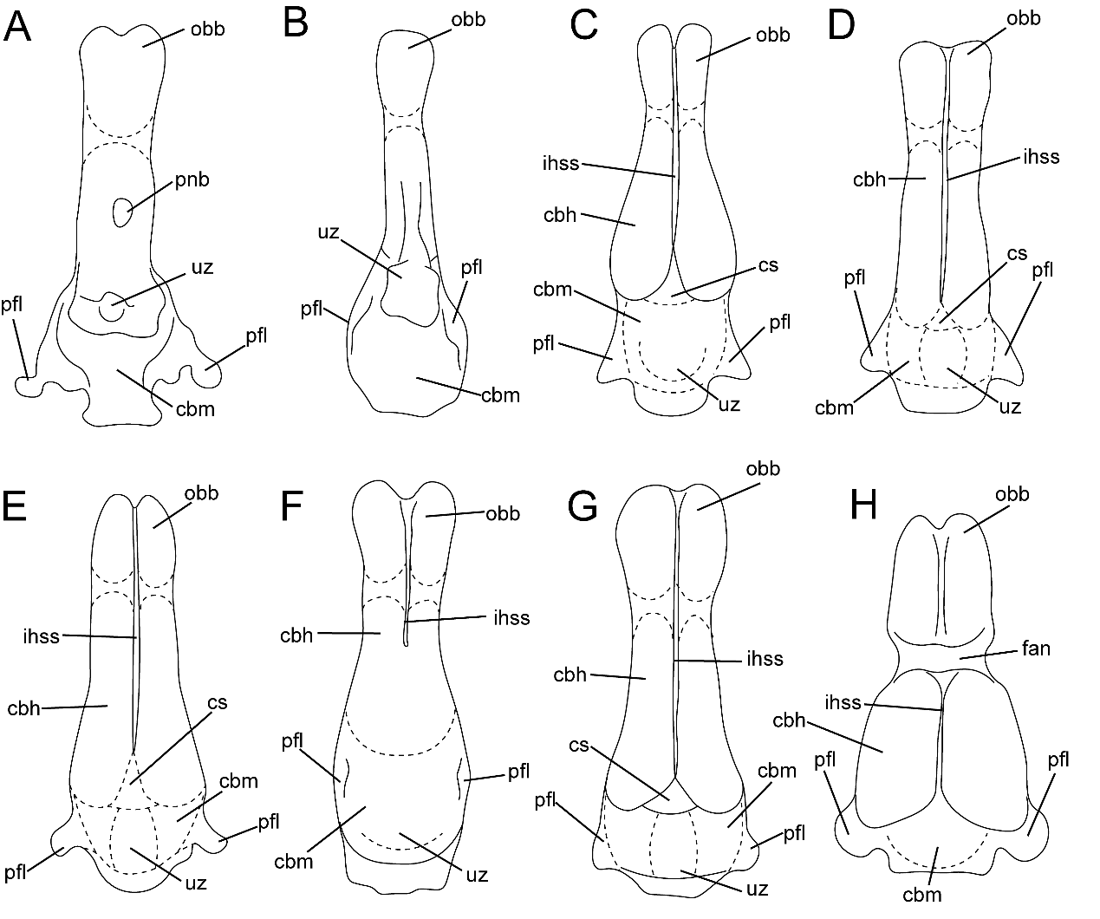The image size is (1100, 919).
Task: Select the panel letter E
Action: pyautogui.click(x=17, y=507)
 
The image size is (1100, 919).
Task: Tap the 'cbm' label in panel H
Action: pyautogui.click(x=923, y=895)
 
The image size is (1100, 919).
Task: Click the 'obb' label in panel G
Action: pyautogui.click(x=763, y=469)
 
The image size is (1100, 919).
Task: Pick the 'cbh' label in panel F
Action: pyautogui.click(x=296, y=635)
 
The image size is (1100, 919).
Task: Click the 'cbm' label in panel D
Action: pyautogui.click(x=833, y=407)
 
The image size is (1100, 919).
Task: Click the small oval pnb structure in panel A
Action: pyautogui.click(x=122, y=211)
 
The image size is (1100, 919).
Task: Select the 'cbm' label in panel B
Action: pyautogui.click(x=500, y=395)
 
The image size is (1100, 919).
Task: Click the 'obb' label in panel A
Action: pyautogui.click(x=208, y=29)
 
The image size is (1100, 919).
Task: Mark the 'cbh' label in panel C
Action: pyautogui.click(x=561, y=215)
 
